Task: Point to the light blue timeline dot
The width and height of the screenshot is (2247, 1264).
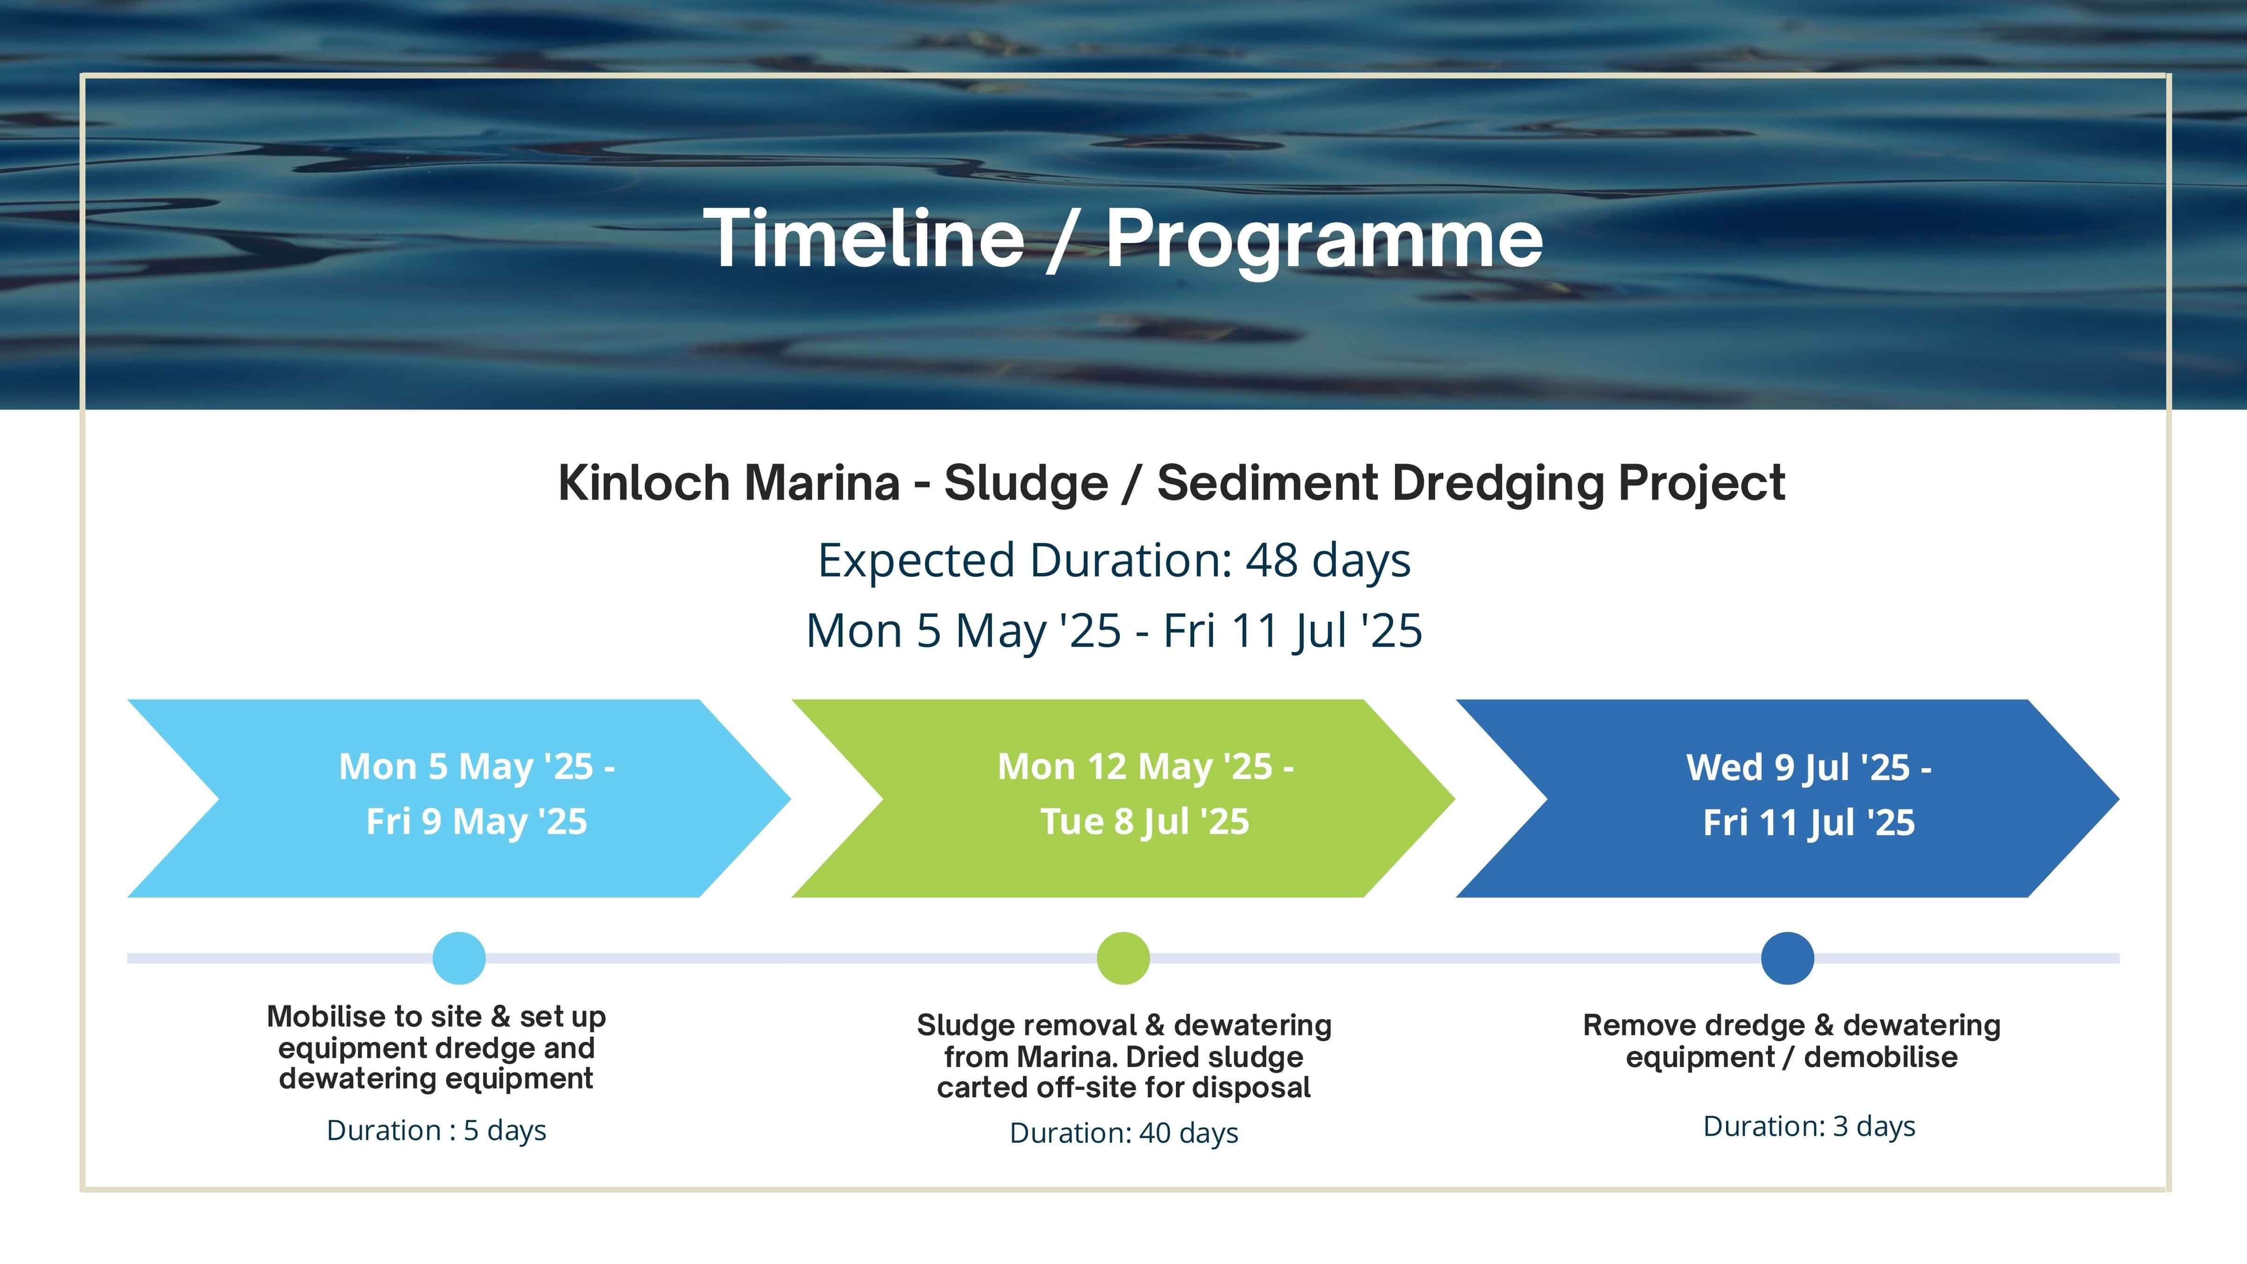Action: (459, 958)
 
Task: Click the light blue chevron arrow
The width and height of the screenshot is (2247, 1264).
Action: (459, 798)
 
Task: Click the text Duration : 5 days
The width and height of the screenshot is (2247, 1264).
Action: (436, 1131)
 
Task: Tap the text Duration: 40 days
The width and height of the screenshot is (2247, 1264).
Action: (1123, 1133)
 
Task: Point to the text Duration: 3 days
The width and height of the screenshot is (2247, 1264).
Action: (1809, 1126)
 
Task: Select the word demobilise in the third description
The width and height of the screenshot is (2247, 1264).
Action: (1880, 1057)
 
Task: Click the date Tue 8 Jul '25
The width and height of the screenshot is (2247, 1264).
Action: (1145, 822)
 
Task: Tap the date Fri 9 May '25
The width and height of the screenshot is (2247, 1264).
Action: (476, 822)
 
